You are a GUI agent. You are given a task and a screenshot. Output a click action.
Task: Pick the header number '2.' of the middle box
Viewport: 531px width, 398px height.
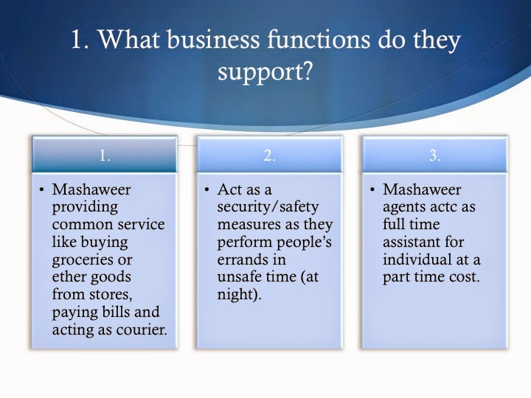(270, 155)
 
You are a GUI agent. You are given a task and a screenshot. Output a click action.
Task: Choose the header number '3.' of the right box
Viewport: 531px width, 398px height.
(435, 155)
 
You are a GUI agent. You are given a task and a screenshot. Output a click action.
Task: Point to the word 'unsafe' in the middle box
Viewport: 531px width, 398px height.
(237, 277)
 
